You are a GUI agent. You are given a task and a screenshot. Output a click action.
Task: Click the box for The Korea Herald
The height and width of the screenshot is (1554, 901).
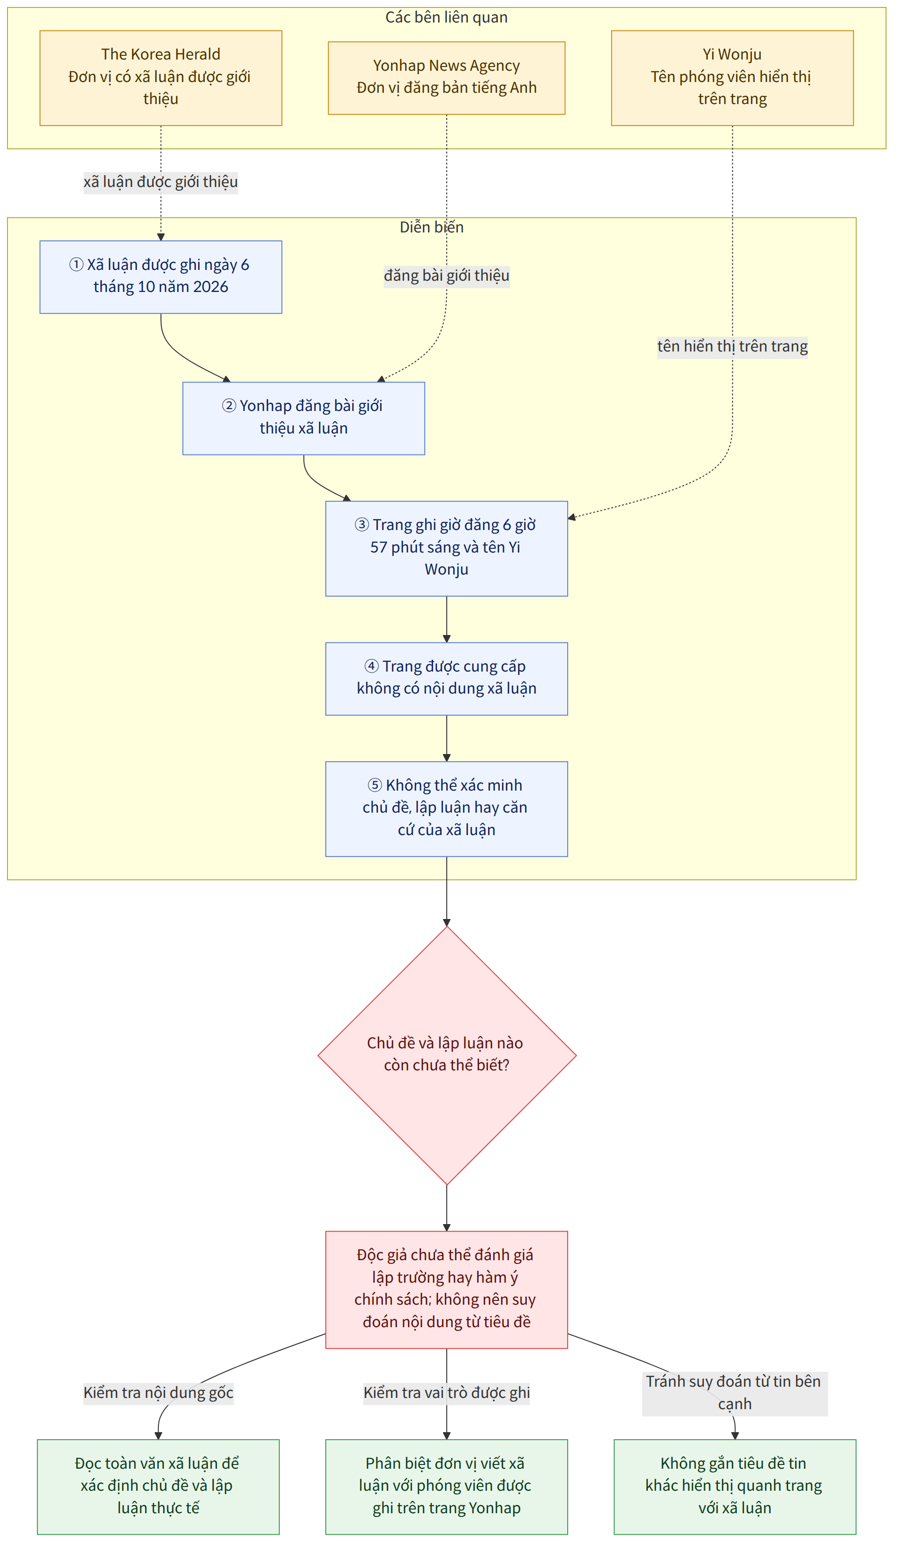[160, 78]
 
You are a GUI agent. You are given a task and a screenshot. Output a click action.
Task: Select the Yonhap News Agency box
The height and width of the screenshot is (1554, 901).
[446, 78]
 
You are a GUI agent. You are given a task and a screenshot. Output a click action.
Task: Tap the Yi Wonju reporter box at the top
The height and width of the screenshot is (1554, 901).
[732, 78]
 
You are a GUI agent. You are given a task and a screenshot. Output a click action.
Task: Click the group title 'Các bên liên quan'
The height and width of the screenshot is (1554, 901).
[446, 17]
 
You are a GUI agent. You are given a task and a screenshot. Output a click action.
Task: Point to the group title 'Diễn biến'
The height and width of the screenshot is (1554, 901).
[432, 227]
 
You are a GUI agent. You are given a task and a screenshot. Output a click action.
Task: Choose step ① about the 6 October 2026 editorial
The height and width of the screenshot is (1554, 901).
[160, 277]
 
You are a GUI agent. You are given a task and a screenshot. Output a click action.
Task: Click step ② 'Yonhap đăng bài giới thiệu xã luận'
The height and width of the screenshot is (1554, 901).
[303, 418]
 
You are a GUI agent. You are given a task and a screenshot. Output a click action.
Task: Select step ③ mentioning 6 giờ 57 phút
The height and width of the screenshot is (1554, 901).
[446, 548]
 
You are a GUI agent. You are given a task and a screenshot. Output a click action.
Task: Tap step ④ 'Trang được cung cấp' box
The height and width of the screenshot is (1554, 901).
[446, 678]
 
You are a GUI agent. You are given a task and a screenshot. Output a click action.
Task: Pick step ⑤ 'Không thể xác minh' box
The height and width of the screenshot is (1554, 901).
[446, 808]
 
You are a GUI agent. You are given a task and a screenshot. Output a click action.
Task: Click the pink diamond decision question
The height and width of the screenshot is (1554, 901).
[446, 1055]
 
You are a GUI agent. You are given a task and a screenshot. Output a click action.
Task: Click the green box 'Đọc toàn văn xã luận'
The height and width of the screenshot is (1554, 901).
[158, 1487]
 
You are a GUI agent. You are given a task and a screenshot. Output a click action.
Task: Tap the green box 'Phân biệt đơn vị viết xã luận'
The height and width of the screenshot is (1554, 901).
[446, 1487]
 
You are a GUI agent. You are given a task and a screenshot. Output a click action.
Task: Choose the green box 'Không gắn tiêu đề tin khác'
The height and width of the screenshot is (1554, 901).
[735, 1487]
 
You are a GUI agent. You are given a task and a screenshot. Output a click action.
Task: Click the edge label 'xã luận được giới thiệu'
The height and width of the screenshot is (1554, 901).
[160, 182]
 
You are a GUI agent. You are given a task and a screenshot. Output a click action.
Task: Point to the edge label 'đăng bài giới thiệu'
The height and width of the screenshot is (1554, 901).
[446, 276]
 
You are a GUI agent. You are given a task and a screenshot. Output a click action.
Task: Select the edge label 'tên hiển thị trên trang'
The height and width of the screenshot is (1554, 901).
[732, 347]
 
